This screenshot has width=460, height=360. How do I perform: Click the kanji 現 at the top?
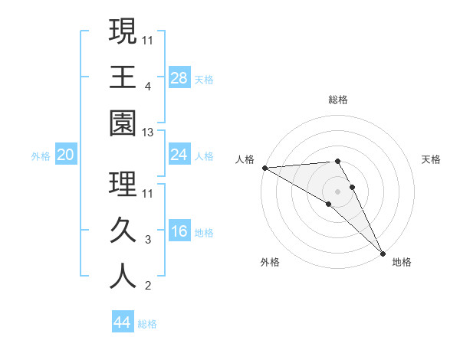point(123,32)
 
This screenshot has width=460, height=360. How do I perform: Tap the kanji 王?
point(123,77)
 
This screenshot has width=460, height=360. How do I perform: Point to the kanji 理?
point(123,184)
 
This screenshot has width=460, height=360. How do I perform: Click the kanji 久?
point(123,230)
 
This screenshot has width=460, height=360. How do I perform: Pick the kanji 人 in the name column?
point(123,276)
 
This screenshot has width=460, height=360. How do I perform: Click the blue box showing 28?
point(179,77)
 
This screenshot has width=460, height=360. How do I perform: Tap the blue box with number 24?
point(179,155)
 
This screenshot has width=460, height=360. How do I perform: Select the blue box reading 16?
point(179,231)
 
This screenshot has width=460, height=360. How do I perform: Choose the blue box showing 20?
point(65,155)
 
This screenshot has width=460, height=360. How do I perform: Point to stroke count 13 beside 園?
point(149,133)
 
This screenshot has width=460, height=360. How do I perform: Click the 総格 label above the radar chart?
point(338,100)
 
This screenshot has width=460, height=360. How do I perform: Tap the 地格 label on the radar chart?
point(402,262)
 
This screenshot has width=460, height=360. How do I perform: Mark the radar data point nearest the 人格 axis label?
point(264,168)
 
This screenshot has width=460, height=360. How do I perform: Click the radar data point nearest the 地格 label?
point(383,252)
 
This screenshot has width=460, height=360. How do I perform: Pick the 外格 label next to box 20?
point(41,155)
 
